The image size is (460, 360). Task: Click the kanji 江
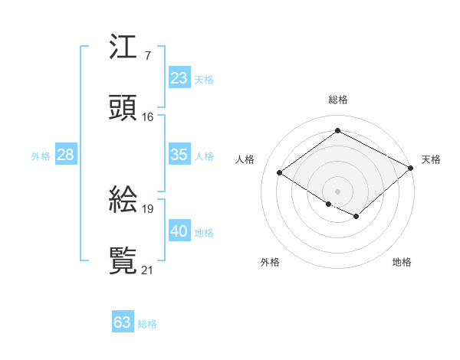pyautogui.click(x=123, y=48)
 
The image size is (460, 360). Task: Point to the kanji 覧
pyautogui.click(x=123, y=259)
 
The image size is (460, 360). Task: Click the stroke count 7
pyautogui.click(x=147, y=55)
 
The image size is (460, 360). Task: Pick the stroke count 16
pyautogui.click(x=148, y=116)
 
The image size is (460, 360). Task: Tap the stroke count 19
pyautogui.click(x=148, y=208)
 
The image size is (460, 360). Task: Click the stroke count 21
pyautogui.click(x=148, y=269)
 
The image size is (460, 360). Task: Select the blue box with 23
pyautogui.click(x=179, y=78)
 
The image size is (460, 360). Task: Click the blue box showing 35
pyautogui.click(x=179, y=155)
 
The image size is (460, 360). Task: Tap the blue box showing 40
pyautogui.click(x=179, y=231)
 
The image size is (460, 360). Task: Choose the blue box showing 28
pyautogui.click(x=66, y=155)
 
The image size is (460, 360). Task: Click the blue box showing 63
pyautogui.click(x=123, y=322)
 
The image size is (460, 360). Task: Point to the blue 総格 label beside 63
pyautogui.click(x=147, y=324)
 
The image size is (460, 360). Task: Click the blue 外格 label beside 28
pyautogui.click(x=41, y=156)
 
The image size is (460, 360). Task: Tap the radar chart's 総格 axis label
pyautogui.click(x=338, y=100)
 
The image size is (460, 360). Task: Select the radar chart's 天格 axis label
pyautogui.click(x=431, y=159)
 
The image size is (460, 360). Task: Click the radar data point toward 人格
pyautogui.click(x=281, y=172)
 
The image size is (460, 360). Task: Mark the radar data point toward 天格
pyautogui.click(x=411, y=167)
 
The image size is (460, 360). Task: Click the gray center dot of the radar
pyautogui.click(x=338, y=191)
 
